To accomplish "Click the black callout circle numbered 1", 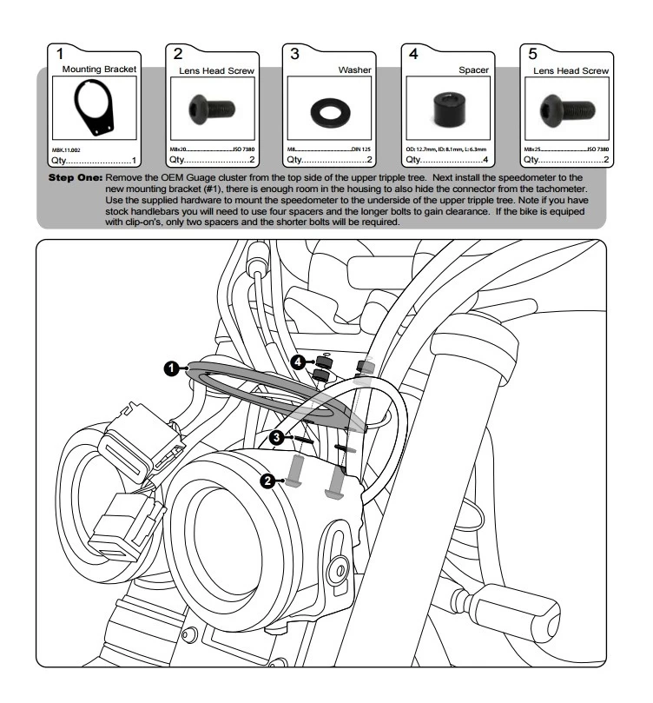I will point(174,368).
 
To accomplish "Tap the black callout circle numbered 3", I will point(277,438).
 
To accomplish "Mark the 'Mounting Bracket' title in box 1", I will point(100,68).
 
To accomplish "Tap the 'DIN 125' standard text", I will point(360,149).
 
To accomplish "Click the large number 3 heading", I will point(295,54).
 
